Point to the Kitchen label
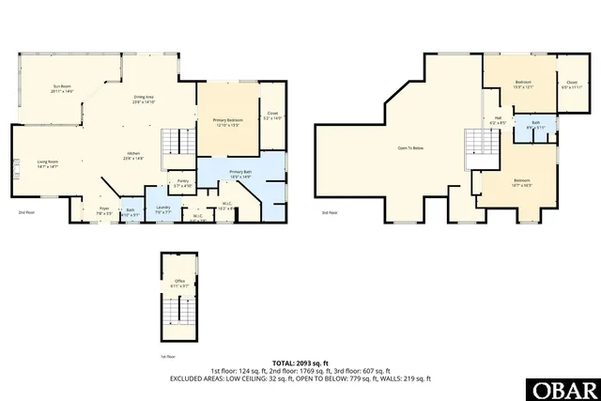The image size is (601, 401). point(134,157)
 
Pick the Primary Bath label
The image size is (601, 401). point(240,174)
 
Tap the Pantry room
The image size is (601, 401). point(183,185)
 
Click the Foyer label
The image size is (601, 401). point(104,211)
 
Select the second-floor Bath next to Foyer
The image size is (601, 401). point(131,213)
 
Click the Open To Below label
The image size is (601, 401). point(410,148)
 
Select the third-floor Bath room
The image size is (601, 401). point(535,125)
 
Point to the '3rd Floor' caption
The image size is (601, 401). point(329,213)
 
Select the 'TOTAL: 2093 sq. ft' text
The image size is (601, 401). point(300,362)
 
